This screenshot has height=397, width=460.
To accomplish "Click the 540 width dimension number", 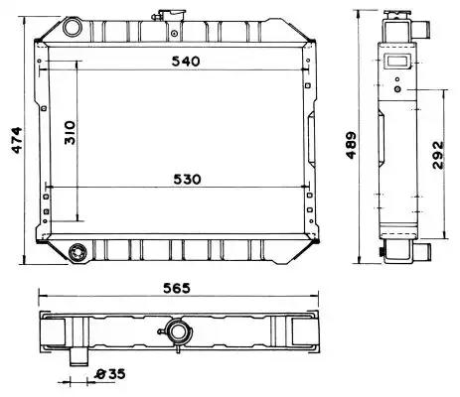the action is coord(186,62).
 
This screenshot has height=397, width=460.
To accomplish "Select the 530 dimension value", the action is coord(187,180).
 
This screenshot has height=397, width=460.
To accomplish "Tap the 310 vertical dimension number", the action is coord(70,132).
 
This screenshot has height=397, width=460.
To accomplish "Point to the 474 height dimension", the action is coord(17,140).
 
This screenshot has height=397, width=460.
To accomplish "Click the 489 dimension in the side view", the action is coord(351,145).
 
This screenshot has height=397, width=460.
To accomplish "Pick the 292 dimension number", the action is coord(438,155).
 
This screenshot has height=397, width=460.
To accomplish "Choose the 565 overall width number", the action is coord(177,288).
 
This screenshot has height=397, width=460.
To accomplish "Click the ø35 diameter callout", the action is coord(109,374).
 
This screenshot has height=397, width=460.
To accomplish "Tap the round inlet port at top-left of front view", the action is coord(73,27).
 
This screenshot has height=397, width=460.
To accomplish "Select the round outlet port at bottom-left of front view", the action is coord(78,253).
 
